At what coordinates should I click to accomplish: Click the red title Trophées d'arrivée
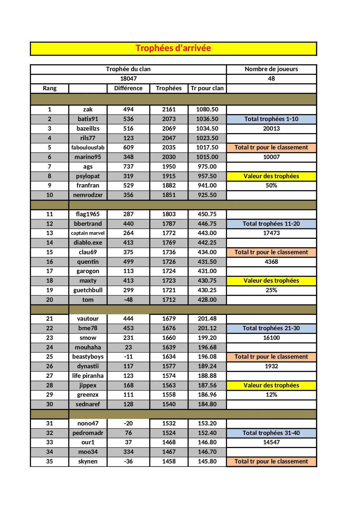[173, 48]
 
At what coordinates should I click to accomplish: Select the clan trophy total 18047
[128, 79]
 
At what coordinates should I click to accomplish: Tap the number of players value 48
[271, 79]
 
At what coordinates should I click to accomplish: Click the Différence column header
[128, 88]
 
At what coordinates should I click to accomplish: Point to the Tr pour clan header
[207, 88]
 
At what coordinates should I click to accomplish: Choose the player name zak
[88, 109]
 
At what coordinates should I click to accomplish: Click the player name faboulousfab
[88, 147]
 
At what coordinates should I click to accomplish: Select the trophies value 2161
[169, 109]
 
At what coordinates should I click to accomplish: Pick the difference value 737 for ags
[128, 167]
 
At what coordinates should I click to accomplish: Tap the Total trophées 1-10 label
[271, 119]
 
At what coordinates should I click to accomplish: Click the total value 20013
[271, 129]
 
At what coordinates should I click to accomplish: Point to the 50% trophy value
[271, 185]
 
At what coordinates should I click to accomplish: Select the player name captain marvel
[88, 233]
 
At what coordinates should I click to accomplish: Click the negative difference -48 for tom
[128, 300]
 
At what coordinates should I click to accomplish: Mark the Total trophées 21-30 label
[271, 328]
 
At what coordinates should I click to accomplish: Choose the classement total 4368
[271, 262]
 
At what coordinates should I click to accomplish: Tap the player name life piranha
[88, 376]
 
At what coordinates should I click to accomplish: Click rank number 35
[50, 461]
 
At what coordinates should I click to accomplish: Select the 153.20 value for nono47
[207, 423]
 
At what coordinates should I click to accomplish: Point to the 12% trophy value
[271, 395]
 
